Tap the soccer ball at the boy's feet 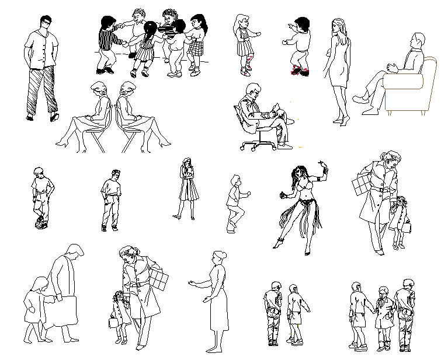click(x=40, y=222)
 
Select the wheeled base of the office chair click(x=258, y=144)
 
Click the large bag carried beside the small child click(x=62, y=311)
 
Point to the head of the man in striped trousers click(x=46, y=22)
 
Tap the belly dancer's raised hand click(x=322, y=165)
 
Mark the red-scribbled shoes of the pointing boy click(x=301, y=71)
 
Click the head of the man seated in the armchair click(x=417, y=41)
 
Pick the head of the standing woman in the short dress click(x=339, y=26)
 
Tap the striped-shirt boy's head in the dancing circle click(x=107, y=23)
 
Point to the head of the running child click(x=235, y=180)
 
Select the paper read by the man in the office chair click(x=280, y=107)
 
